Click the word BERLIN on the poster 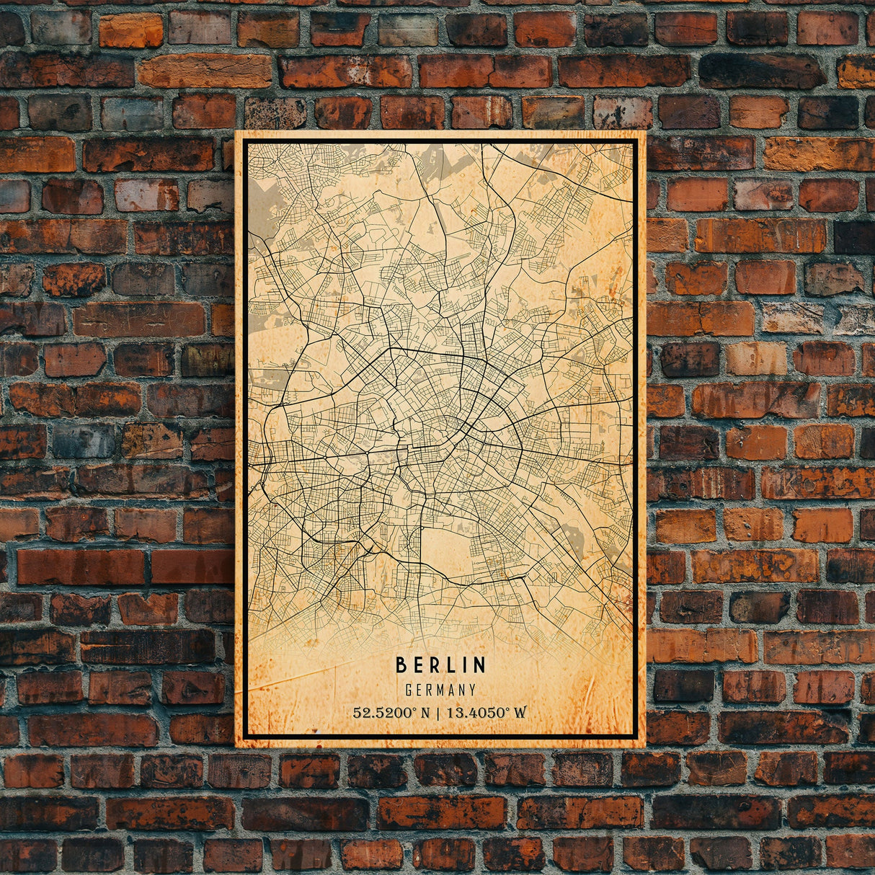[x=440, y=664]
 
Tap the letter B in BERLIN [x=401, y=664]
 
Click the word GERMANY [x=440, y=690]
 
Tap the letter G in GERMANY [x=409, y=690]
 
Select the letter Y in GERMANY [x=472, y=690]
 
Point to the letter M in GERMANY [x=440, y=690]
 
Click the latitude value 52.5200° [x=385, y=713]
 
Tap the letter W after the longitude [x=520, y=713]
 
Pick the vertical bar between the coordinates [x=440, y=713]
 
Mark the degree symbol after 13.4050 [x=507, y=710]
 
